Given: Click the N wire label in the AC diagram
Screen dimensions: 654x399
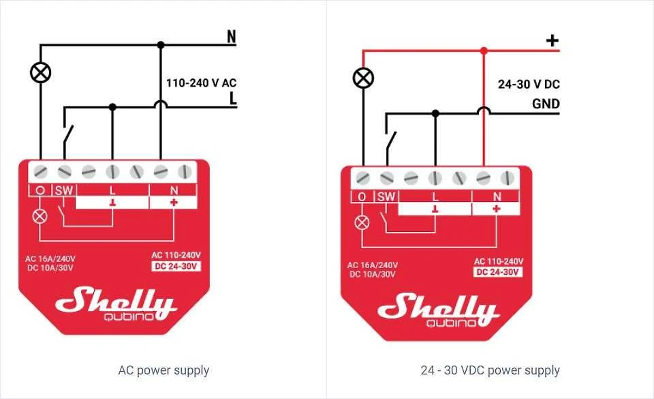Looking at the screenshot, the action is (232, 37).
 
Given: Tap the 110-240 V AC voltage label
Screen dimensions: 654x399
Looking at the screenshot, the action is (202, 83).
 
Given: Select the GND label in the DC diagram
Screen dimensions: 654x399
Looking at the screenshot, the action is (546, 104).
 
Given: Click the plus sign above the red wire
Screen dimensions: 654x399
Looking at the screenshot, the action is (552, 40).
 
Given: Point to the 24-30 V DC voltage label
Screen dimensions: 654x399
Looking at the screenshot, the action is (529, 85).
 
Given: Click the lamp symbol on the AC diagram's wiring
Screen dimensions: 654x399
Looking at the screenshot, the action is (41, 72).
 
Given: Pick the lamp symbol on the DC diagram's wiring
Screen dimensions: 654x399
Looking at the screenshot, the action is (363, 78).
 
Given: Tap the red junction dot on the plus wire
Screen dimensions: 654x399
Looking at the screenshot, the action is (484, 51).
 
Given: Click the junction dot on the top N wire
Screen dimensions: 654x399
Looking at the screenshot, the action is (161, 44).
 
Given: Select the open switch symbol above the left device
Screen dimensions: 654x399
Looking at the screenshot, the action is (68, 136).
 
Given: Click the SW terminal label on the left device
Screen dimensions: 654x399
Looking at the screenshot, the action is (64, 191).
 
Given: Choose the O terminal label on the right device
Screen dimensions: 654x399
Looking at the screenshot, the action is (362, 196).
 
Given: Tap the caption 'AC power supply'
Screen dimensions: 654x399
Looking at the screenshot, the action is (163, 370).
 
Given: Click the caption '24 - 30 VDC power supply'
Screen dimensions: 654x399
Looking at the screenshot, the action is (490, 370).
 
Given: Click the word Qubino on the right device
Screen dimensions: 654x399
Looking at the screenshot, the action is (451, 323).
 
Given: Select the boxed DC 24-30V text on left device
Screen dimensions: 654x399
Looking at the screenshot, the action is (176, 266).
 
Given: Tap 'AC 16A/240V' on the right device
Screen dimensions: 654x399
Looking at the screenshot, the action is (373, 265).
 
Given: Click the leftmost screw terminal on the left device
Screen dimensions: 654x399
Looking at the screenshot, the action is (40, 171).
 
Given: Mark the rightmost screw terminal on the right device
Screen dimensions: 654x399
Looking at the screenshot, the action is (507, 178).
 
